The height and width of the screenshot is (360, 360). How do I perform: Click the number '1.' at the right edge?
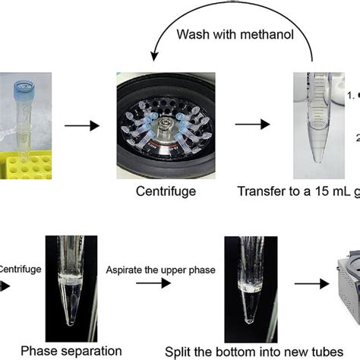point(352,96)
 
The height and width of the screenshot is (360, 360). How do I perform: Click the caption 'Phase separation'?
point(70,350)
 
